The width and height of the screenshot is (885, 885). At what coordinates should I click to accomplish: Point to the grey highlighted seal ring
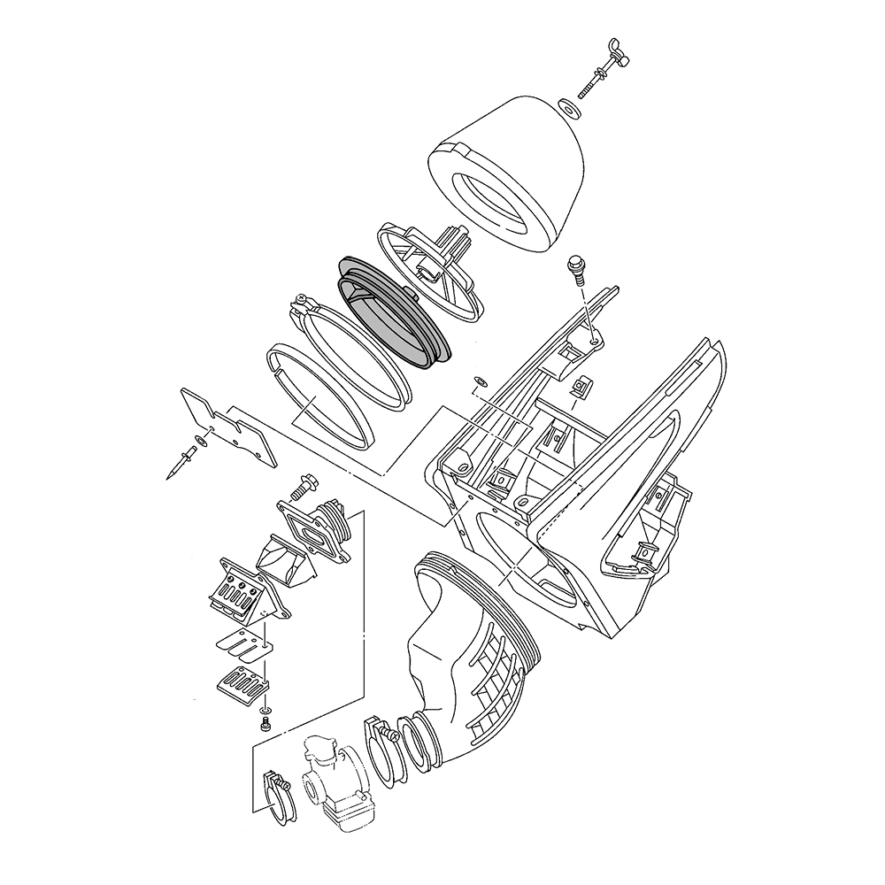click(394, 310)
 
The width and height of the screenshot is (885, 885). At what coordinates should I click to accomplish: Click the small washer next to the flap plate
click(203, 438)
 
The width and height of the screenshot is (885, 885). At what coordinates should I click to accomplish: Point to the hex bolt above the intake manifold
click(300, 485)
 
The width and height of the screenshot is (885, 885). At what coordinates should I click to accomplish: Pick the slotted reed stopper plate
click(243, 684)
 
